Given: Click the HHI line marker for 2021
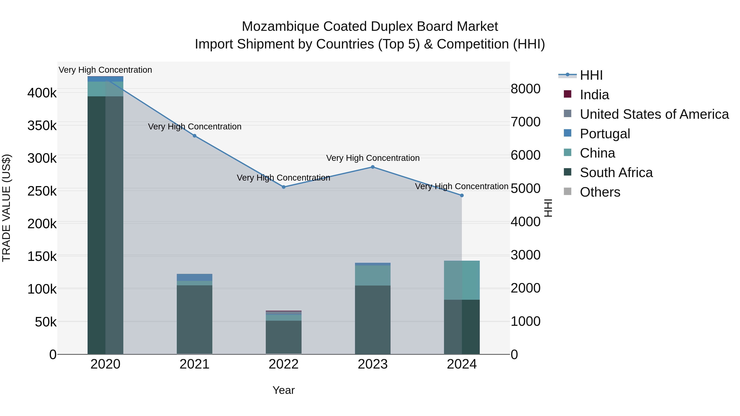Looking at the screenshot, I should (194, 136).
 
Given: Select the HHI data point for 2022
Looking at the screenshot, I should (283, 187).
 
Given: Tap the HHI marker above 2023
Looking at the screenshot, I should (373, 167).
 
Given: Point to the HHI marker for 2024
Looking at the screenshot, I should (462, 195).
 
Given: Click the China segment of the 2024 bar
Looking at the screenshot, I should (462, 280).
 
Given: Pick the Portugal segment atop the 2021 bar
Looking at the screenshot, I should (194, 277).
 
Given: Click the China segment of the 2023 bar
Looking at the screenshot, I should (373, 275).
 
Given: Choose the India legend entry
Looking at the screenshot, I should (594, 95).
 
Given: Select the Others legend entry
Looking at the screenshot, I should (600, 192).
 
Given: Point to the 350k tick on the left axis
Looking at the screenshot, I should (42, 126).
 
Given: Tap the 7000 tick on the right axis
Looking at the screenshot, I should (525, 122).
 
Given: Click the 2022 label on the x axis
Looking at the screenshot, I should (283, 364).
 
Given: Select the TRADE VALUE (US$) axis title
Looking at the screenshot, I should (6, 208).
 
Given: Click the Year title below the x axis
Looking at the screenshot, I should (283, 390).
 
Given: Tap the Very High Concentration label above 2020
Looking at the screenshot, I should (105, 70).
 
